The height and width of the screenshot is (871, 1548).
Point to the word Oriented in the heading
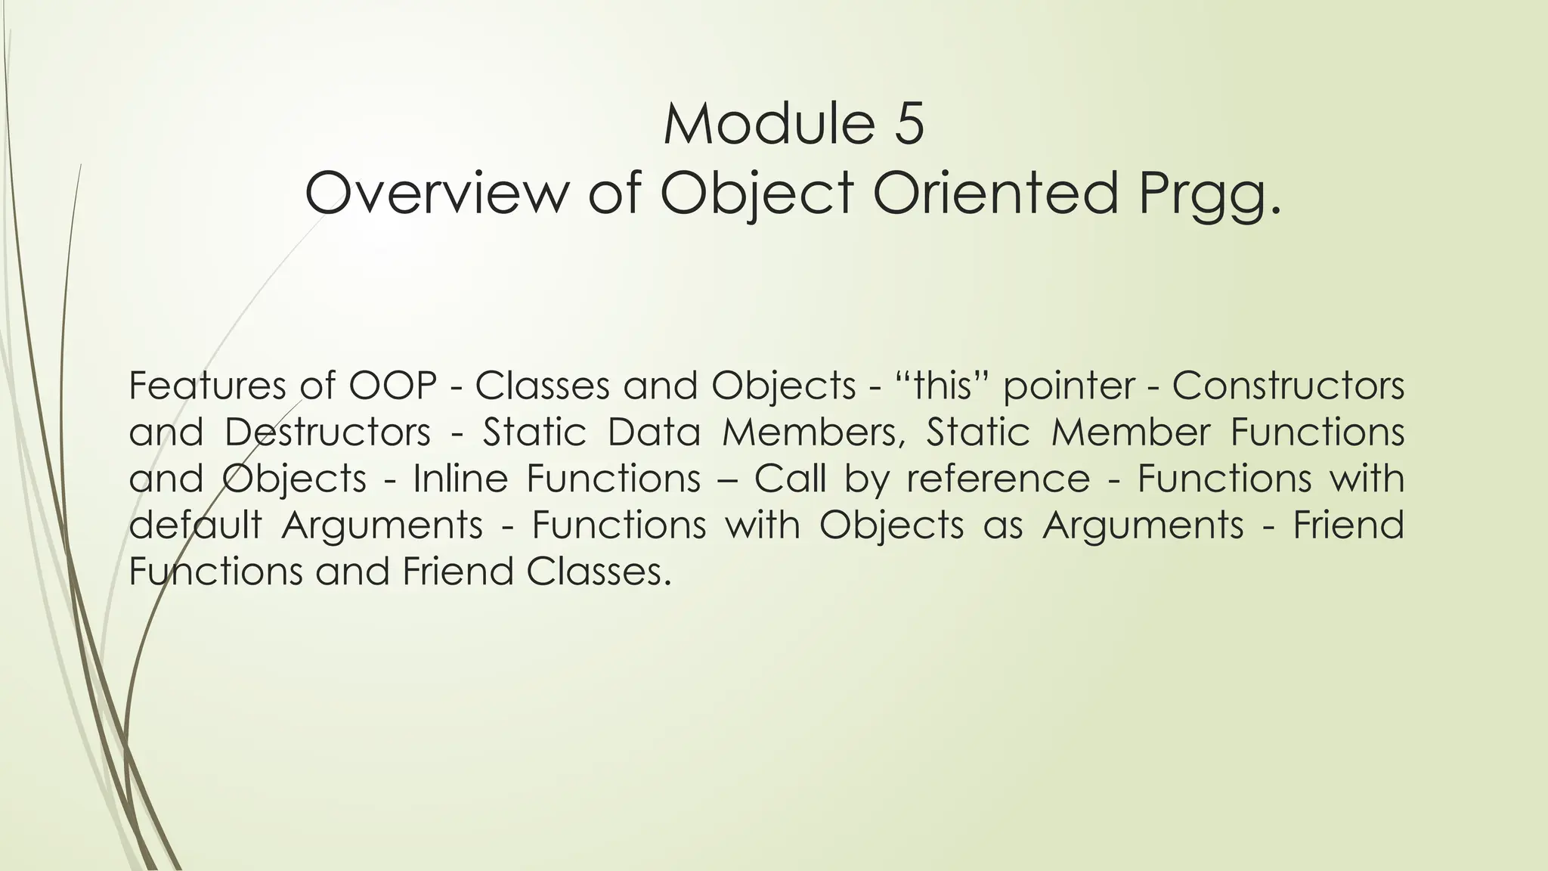995,193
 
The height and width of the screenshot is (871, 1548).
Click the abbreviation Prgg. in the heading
1212,194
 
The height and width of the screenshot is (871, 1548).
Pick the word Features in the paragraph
206,386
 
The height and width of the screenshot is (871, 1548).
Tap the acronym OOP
393,386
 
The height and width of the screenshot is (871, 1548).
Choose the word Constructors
1288,386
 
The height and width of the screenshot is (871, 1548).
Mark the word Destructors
327,432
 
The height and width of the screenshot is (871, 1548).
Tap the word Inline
460,479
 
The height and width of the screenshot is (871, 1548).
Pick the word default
195,525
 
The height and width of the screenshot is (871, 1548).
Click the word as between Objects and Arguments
1003,526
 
